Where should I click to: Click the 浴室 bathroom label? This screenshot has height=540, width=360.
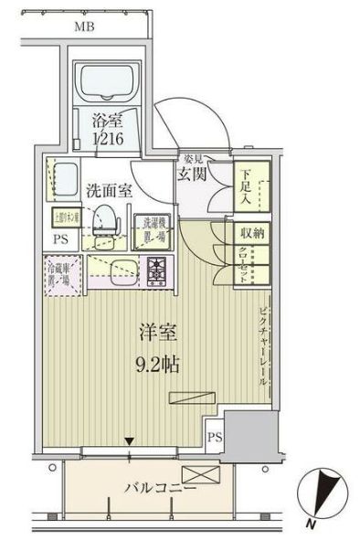click(x=108, y=118)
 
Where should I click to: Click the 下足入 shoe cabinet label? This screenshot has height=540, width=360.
click(x=248, y=182)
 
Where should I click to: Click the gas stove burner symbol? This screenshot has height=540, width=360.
click(x=156, y=270)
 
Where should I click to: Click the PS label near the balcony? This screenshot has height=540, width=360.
click(x=214, y=438)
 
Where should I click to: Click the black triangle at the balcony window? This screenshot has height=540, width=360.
click(x=131, y=444)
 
